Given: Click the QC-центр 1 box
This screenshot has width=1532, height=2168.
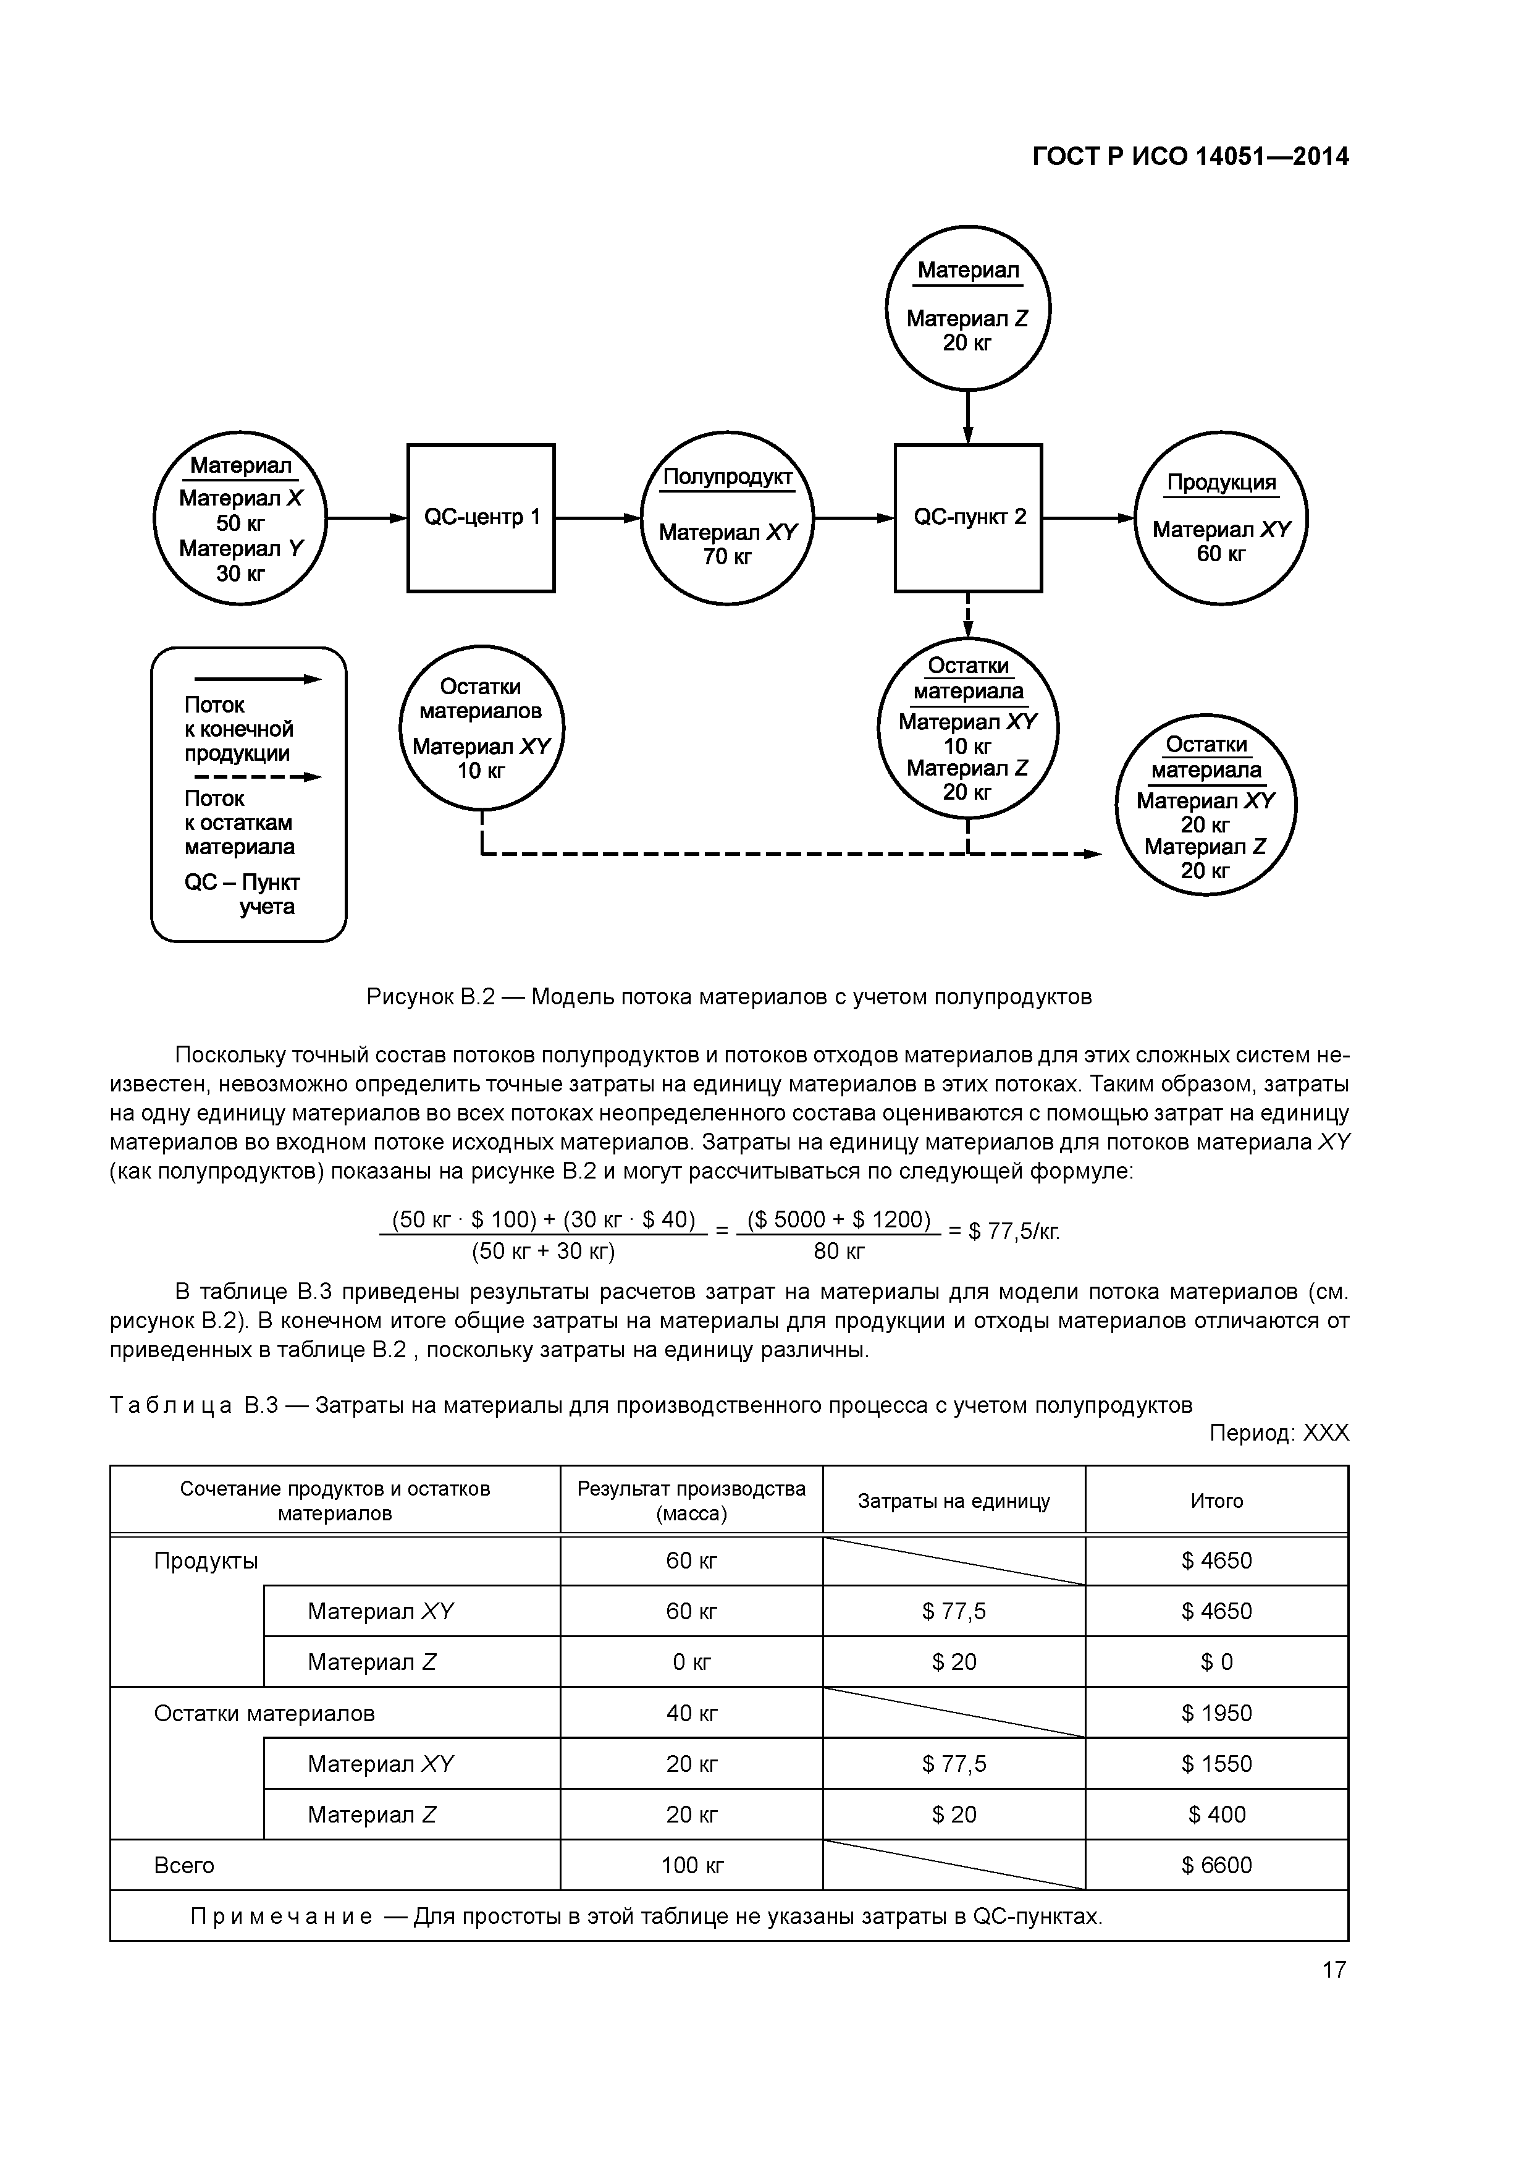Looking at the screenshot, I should pos(481,517).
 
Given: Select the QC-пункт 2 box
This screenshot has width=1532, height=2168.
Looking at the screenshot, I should pos(969,517).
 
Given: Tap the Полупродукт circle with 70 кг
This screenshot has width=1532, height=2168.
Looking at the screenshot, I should pos(727,517).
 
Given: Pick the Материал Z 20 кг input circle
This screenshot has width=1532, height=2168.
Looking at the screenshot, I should pos(967,308).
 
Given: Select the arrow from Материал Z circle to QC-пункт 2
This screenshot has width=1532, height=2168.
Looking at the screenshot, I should pos(969,417).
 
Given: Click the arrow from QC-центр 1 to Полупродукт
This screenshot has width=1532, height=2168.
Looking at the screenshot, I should pos(597,517).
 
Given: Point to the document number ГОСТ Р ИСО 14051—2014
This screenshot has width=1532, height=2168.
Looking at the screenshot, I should pos(1190,157).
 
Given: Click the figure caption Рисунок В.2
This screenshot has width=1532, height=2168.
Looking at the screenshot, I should pos(729,997).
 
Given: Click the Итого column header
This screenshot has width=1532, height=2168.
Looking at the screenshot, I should pos(1217,1501).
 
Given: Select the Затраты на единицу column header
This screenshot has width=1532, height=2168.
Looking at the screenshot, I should pos(953,1501).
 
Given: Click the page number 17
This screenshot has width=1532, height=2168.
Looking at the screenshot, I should pos(1334,1970).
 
